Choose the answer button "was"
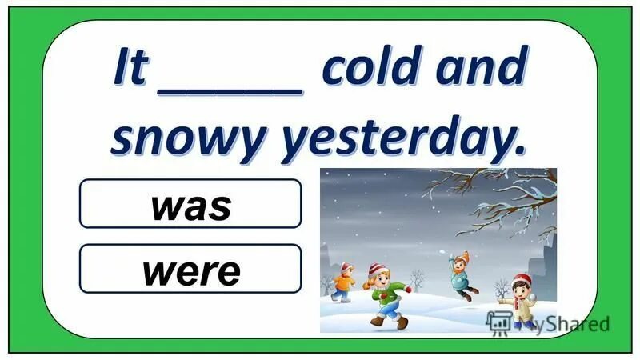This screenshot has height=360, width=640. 190,204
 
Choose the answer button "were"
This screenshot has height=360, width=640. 190,270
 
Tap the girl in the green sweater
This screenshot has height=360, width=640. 386,296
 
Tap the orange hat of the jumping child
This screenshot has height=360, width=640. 463,256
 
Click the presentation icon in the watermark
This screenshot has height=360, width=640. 499,322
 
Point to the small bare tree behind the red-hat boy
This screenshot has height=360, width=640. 502,288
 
